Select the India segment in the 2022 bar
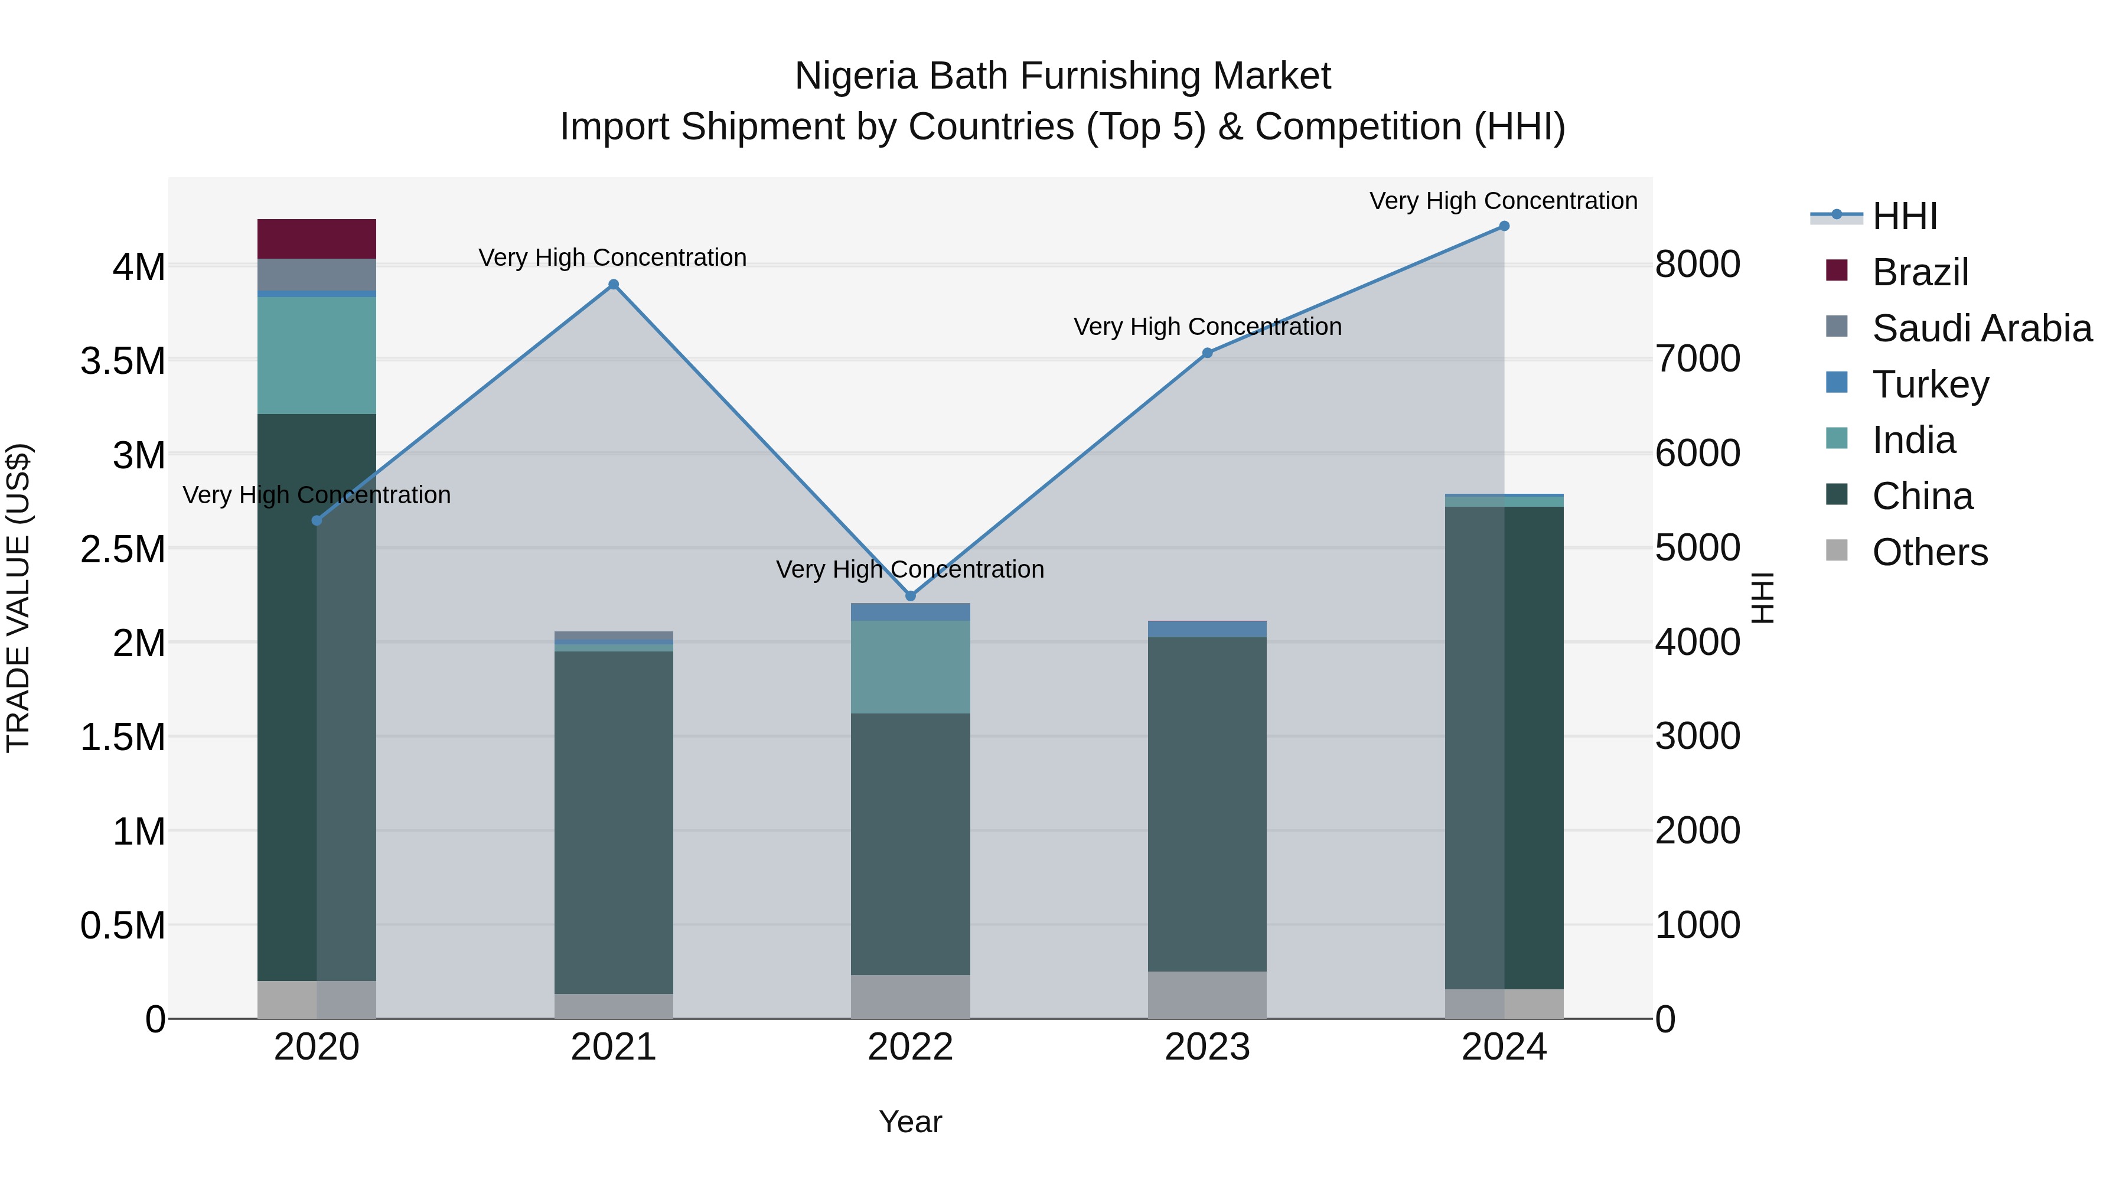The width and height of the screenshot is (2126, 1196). tap(910, 667)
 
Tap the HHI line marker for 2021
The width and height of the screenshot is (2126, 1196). tap(613, 285)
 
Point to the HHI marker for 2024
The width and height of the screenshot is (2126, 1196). tap(1504, 226)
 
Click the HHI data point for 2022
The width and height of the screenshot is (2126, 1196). tap(910, 596)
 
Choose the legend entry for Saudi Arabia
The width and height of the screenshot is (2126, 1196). tap(1981, 328)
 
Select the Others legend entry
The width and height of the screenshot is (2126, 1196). tap(1929, 552)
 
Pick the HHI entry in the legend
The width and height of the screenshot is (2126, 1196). tap(1904, 216)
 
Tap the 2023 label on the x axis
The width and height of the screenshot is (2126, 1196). tap(1207, 1047)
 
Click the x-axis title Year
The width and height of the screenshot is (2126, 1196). tap(910, 1122)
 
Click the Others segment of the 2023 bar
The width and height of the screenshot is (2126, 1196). tap(1207, 995)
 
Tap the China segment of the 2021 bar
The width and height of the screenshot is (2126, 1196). tap(613, 822)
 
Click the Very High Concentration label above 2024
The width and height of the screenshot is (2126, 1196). tap(1503, 201)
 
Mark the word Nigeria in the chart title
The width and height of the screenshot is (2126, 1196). tap(856, 76)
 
